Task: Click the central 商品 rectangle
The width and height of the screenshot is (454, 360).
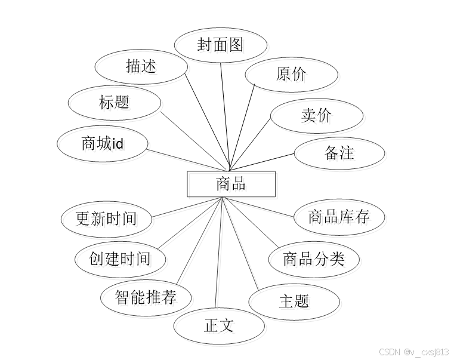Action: coord(231,184)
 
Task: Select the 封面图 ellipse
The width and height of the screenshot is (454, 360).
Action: coord(220,45)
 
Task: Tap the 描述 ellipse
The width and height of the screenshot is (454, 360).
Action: coord(141,66)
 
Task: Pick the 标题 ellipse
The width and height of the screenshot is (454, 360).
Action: coord(114,103)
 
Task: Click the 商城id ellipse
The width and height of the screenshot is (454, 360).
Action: coord(102,143)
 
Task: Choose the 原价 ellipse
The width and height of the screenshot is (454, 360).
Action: coord(291,74)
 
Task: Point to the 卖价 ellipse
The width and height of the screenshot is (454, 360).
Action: coord(316,115)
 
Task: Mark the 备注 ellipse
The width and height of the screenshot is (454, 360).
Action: coord(339,153)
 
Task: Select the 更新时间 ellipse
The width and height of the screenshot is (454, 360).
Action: coord(106,219)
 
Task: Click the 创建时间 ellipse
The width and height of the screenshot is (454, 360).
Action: coord(120,259)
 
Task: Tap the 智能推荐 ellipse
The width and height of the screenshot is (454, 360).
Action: coord(146,297)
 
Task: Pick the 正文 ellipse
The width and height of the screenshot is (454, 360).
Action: coord(219,325)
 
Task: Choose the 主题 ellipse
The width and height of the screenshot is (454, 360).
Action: coord(294,300)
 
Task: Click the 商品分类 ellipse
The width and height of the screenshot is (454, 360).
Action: coord(313,259)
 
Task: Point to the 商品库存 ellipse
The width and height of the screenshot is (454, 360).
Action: coord(339,217)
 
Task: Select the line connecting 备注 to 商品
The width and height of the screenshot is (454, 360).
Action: coord(262,162)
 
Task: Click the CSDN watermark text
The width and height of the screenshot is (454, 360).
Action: coord(413,352)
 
